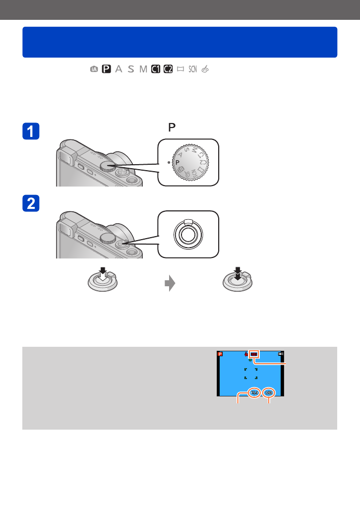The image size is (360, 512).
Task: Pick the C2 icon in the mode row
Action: [x=168, y=69]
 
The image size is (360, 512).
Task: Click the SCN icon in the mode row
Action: [x=192, y=69]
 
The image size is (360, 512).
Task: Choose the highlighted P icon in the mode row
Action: [x=106, y=69]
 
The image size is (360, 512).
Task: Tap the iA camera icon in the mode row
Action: [x=94, y=69]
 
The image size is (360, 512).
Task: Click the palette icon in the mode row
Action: [x=205, y=69]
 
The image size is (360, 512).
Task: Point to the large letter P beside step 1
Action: [x=172, y=128]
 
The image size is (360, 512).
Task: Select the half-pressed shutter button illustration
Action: [x=101, y=283]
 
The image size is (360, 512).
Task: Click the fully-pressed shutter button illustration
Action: [x=238, y=283]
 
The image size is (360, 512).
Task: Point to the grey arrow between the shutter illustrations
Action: [x=170, y=283]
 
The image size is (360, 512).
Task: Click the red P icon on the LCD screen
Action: [x=221, y=354]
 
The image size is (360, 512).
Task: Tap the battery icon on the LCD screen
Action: [x=281, y=354]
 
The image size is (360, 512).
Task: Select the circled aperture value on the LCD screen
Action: [x=254, y=392]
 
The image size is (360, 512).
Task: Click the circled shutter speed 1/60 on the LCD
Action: [x=269, y=392]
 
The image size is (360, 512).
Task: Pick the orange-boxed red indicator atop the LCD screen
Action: [x=254, y=354]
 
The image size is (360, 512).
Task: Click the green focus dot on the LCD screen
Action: [x=250, y=360]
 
